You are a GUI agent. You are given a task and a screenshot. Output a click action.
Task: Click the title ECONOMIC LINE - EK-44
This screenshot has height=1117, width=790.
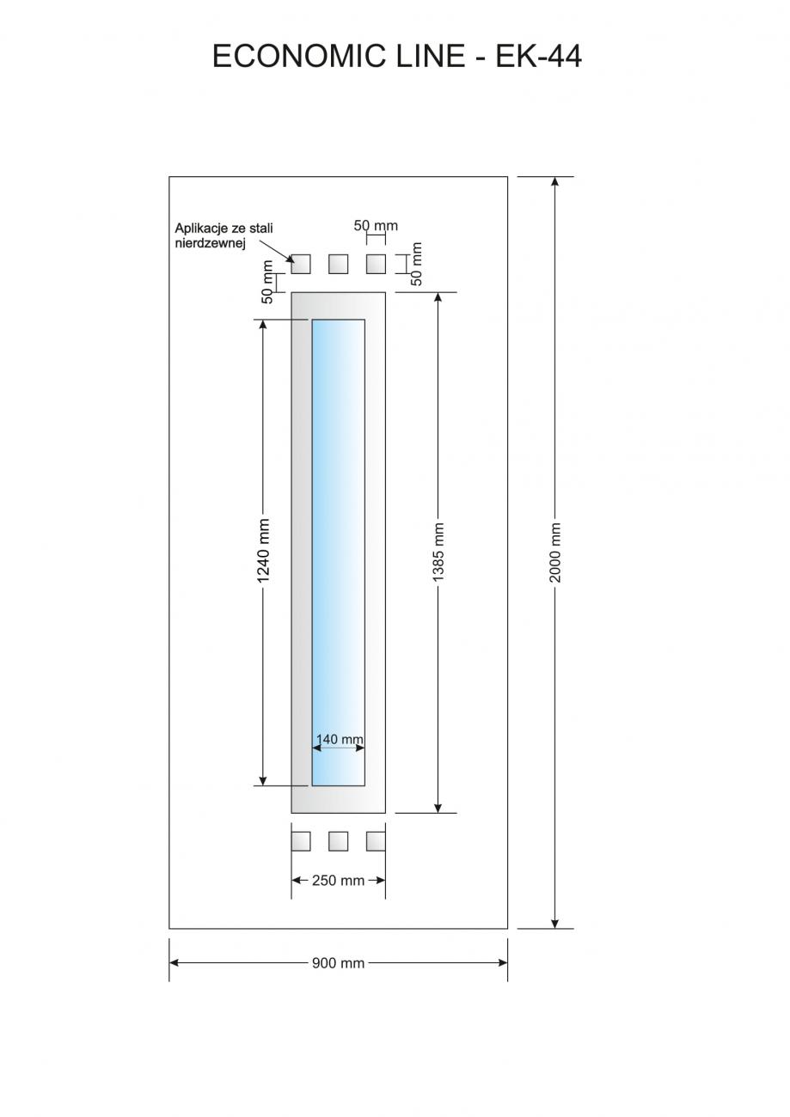click(x=397, y=56)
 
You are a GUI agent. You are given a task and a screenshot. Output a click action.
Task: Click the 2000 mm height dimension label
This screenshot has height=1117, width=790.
click(x=555, y=552)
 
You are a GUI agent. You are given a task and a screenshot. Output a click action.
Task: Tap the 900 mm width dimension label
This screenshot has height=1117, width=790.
click(x=338, y=963)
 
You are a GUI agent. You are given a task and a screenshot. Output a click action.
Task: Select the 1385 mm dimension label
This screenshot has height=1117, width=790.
click(x=438, y=552)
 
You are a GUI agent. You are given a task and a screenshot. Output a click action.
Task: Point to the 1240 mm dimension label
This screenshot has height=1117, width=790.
click(x=263, y=551)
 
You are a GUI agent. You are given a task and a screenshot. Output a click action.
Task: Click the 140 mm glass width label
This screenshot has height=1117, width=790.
click(x=340, y=739)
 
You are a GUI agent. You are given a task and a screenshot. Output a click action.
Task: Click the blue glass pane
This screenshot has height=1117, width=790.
click(x=338, y=552)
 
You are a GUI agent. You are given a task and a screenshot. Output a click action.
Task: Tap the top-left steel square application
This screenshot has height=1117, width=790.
click(x=301, y=264)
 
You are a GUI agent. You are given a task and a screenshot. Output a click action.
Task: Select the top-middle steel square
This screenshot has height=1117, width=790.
click(x=338, y=264)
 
